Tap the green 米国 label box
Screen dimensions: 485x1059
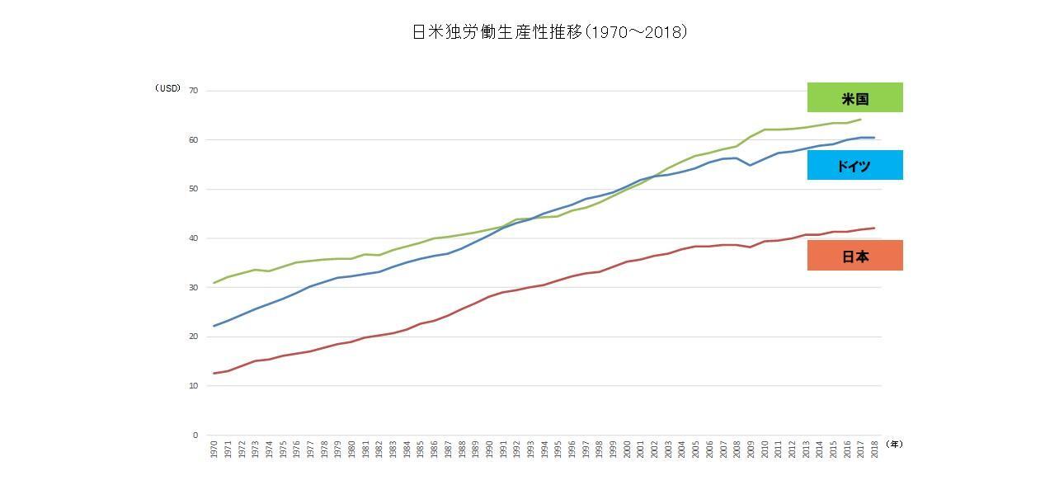[854, 97]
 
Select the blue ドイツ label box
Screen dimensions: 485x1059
[854, 165]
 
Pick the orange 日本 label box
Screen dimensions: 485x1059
[854, 256]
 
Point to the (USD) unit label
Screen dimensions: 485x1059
[167, 88]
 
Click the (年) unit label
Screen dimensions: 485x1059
[894, 444]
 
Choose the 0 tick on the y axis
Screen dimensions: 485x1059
[195, 435]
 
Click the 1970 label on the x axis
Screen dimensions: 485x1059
[214, 450]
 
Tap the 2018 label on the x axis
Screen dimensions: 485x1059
[874, 450]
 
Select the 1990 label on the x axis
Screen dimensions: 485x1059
[489, 450]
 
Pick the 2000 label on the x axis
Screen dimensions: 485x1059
[627, 450]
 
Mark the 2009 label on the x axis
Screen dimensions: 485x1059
[751, 450]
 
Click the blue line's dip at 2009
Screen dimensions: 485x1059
[750, 165]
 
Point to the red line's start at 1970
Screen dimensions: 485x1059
[214, 374]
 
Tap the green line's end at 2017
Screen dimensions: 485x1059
[860, 119]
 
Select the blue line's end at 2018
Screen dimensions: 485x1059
[874, 138]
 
